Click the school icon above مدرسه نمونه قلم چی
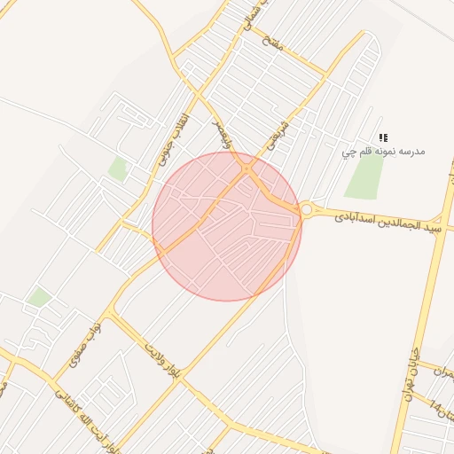pos(383,137)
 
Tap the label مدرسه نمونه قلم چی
pos(384,152)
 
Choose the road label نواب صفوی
pos(82,347)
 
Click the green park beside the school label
pos(364,176)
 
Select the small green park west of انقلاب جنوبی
pos(118,168)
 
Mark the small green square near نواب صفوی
pos(38,297)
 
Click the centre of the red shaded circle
pos(227,226)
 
